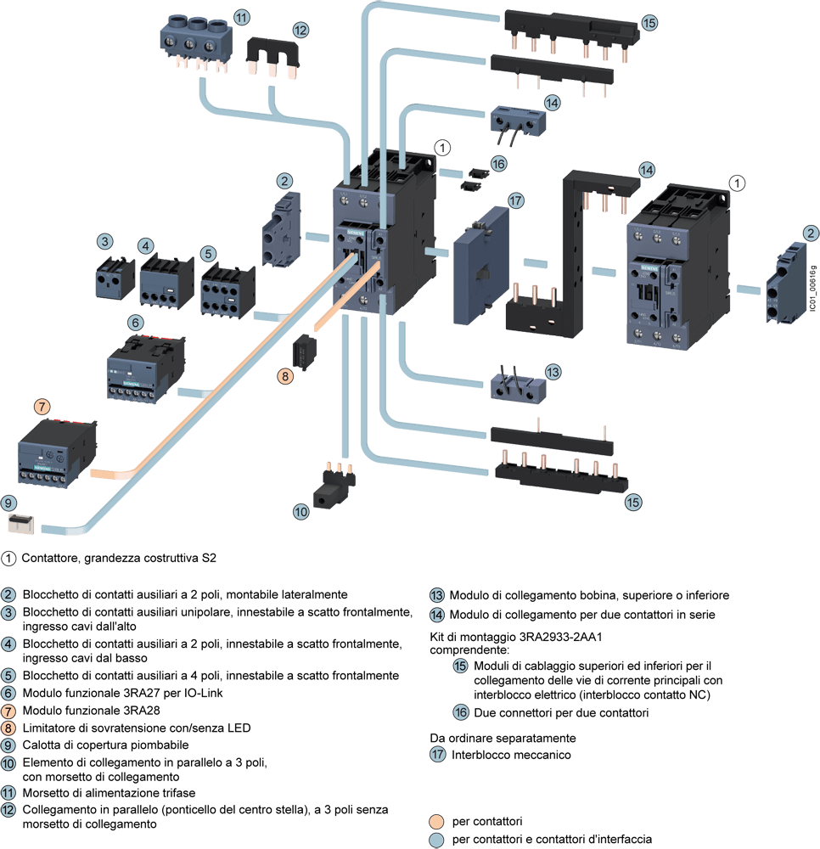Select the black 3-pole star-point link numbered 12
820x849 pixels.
coord(272,59)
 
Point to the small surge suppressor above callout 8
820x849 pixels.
coord(305,350)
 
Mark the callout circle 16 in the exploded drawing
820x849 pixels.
coord(498,163)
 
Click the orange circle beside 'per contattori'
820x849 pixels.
coord(436,821)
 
